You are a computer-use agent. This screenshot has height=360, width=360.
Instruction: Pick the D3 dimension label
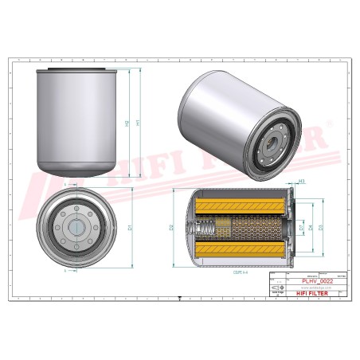(321, 228)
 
